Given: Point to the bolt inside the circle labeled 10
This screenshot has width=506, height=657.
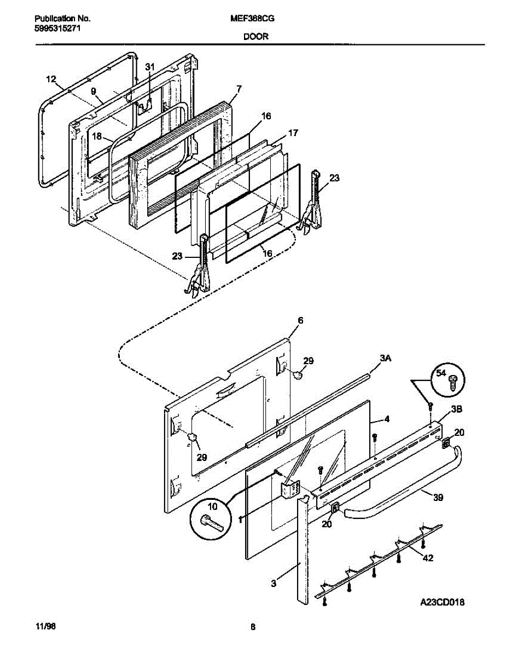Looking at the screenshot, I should pos(211,522).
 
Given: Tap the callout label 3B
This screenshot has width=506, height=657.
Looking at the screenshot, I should pos(457,409).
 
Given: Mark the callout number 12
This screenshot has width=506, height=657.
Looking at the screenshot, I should pos(51,79).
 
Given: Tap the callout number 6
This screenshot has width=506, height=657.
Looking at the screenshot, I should pos(300,320).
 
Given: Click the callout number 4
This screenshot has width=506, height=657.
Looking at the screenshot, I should pos(387,420).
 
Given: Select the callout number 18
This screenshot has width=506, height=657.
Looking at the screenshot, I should pos(96,136).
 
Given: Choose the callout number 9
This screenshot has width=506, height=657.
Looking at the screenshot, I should pos(93,91).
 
